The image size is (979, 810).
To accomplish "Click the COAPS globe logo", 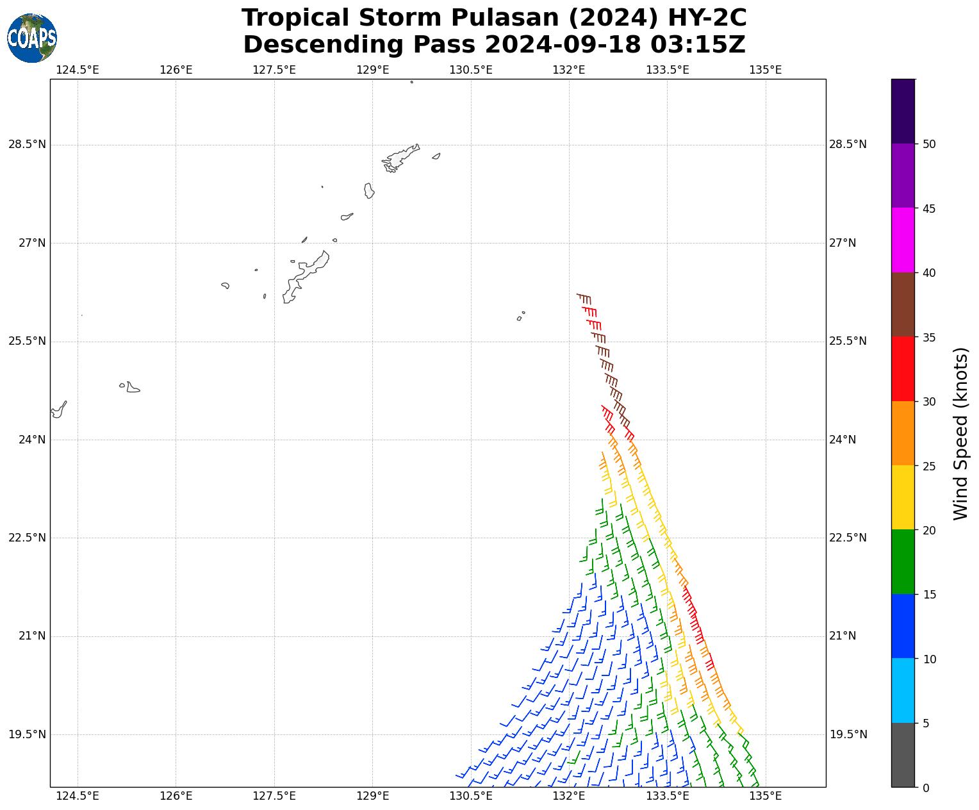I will point(32,38).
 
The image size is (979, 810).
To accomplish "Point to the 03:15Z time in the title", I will point(698,45).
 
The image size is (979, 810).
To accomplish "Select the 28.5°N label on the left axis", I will point(27,145).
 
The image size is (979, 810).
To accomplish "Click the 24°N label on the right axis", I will point(843,440).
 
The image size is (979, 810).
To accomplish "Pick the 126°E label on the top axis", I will point(176,69).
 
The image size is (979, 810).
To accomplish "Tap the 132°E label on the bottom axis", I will point(569,797).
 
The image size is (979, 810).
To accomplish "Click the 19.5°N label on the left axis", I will point(27,734).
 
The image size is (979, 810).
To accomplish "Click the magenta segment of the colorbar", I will point(903,240).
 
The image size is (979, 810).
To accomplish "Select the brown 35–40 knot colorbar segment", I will point(903,304).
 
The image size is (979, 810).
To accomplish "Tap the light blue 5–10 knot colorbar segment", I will point(903,691).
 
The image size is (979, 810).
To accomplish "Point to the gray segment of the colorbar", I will point(903,755).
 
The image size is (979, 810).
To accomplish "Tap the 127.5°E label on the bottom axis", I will point(274,797).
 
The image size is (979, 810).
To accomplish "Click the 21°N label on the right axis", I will point(843,636).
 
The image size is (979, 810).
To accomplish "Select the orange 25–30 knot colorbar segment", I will point(903,433).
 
